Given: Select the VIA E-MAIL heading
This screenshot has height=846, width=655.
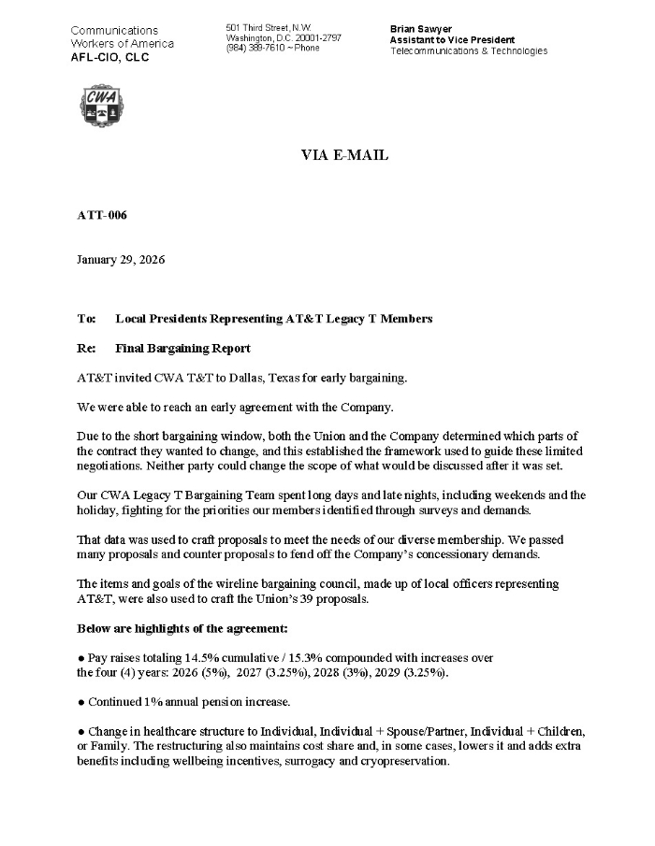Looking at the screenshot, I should [x=344, y=155].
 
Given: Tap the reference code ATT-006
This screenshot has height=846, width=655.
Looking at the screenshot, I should [x=101, y=215].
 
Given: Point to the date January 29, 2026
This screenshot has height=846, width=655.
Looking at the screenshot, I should [x=121, y=260].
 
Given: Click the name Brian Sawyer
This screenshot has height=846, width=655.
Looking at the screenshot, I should [x=421, y=29].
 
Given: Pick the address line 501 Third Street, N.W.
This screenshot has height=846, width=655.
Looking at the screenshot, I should [x=269, y=28].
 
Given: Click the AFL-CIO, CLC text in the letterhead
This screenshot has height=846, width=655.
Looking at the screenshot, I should [x=109, y=57].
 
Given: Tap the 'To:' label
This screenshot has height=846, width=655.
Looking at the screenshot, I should [x=86, y=319].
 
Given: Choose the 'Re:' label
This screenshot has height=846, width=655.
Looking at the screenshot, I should [x=86, y=349].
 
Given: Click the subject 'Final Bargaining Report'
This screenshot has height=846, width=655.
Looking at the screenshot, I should [x=182, y=349].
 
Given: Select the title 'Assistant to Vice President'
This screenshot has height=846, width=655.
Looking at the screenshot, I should [x=452, y=40].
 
